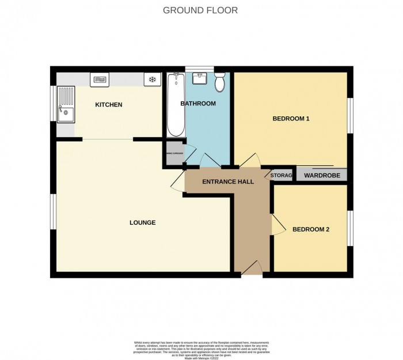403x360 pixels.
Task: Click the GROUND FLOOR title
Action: pyautogui.click(x=200, y=10)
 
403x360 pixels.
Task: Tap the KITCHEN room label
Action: pyautogui.click(x=108, y=105)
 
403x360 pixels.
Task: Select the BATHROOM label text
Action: pyautogui.click(x=198, y=104)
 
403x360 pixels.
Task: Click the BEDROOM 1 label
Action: pyautogui.click(x=291, y=119)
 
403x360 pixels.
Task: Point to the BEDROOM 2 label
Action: pyautogui.click(x=311, y=229)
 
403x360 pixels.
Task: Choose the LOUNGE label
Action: pyautogui.click(x=142, y=222)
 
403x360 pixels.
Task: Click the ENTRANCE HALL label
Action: pyautogui.click(x=228, y=182)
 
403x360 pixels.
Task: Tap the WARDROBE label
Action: pyautogui.click(x=322, y=176)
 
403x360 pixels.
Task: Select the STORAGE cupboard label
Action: pyautogui.click(x=282, y=176)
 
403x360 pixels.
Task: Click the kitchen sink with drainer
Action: pyautogui.click(x=66, y=104)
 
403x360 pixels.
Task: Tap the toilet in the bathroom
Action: pyautogui.click(x=219, y=84)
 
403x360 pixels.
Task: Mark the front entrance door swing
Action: pyautogui.click(x=251, y=266)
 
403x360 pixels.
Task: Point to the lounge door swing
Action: pyautogui.click(x=178, y=183)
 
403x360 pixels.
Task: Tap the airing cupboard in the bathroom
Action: pyautogui.click(x=174, y=153)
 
